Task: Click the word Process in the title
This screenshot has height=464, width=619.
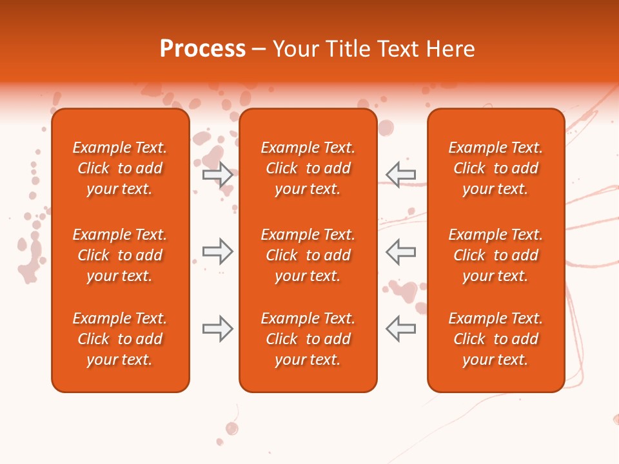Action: pos(202,49)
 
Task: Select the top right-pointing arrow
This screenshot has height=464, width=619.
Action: pos(217,175)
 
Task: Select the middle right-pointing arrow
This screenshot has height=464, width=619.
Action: pos(217,251)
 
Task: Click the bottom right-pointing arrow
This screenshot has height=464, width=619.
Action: pos(217,329)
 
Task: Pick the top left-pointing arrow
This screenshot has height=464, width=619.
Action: pos(400,175)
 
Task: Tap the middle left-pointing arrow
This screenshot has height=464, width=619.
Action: pos(400,251)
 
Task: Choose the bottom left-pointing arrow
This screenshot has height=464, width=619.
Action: pos(400,329)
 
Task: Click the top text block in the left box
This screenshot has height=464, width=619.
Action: pos(120,168)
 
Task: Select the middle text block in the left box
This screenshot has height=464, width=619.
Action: pos(120,255)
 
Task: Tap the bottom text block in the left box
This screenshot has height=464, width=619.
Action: pos(120,339)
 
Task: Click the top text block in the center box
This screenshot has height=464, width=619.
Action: pos(308,168)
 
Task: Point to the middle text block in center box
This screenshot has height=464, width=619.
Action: pos(308,255)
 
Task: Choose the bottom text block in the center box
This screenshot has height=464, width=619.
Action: pos(308,339)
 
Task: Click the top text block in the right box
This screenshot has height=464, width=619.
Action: pos(495,168)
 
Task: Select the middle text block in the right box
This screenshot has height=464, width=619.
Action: pos(495,255)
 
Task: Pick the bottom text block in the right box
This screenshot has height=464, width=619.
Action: pos(495,339)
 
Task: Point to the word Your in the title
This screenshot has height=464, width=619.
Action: pos(295,49)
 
